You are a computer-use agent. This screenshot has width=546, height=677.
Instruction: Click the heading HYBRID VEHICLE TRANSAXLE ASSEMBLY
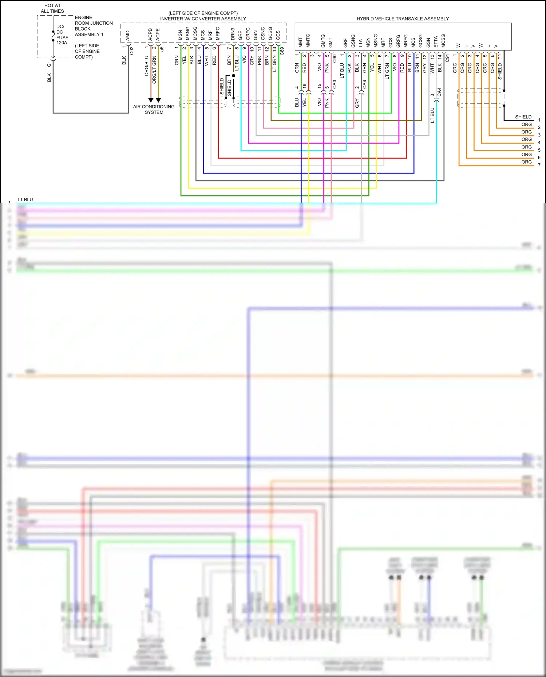tap(403, 19)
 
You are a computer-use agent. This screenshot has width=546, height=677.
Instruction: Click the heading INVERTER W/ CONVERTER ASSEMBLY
tap(203, 19)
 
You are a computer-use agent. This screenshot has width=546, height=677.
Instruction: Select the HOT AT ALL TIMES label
tap(52, 8)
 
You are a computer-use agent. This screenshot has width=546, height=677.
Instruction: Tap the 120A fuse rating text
tap(62, 43)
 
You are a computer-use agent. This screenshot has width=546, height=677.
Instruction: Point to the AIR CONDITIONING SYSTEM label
tap(154, 109)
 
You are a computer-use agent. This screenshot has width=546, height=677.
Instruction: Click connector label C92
tap(132, 51)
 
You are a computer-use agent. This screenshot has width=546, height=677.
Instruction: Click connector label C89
tap(282, 51)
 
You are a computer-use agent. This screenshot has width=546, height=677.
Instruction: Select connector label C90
tap(335, 58)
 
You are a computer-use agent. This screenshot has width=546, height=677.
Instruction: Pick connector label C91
tap(447, 58)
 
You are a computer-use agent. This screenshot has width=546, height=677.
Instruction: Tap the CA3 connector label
tap(335, 84)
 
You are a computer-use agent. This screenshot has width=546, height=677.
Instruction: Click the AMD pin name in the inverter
tap(128, 35)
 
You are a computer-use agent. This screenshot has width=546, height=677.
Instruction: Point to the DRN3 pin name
tap(233, 34)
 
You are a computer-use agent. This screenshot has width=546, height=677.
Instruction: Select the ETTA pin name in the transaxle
tap(436, 41)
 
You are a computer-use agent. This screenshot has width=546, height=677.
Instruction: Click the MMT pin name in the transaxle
tap(300, 42)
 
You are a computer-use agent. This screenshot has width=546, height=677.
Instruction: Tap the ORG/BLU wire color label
tap(147, 66)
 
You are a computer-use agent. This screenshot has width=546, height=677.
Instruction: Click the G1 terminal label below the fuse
tap(49, 64)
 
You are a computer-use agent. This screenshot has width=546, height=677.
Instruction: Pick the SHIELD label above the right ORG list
tap(523, 117)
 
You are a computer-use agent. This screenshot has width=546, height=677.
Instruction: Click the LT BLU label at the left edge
tap(25, 200)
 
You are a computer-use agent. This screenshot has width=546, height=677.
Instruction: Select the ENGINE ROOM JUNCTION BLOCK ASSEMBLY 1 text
tap(93, 26)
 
